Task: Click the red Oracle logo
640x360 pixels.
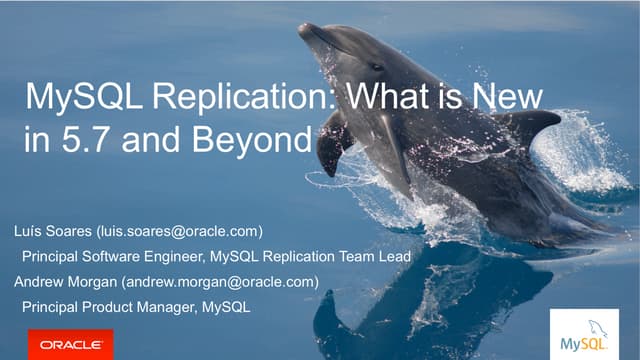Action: click(70, 343)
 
